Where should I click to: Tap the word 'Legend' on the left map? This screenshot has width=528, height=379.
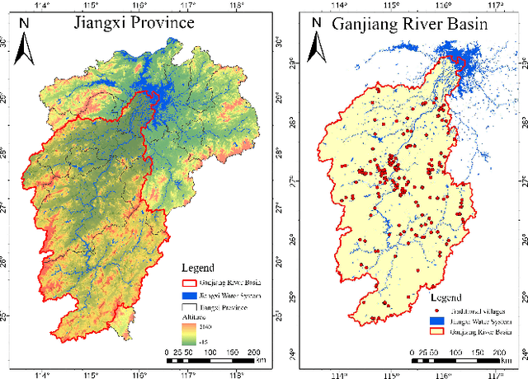pos(198,268)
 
